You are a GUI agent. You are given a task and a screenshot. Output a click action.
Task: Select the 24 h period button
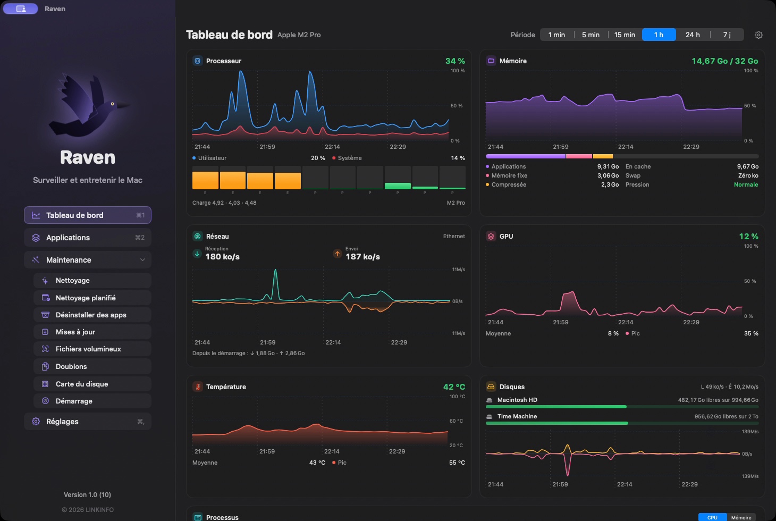693,35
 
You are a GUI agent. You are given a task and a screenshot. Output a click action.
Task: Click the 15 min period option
625,35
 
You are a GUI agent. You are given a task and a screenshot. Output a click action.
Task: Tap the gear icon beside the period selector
758,35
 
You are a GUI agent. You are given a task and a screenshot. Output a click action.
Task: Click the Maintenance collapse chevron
142,260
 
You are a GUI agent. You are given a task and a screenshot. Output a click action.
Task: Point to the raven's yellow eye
112,104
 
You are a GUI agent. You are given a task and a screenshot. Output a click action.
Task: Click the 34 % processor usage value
455,61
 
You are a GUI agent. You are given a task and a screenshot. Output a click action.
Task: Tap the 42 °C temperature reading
454,386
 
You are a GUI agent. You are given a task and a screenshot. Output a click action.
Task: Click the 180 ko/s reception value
222,257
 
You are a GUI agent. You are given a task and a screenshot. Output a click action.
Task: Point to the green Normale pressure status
746,184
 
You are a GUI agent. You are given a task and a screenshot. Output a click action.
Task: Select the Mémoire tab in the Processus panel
741,517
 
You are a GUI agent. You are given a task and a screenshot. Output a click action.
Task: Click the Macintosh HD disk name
517,400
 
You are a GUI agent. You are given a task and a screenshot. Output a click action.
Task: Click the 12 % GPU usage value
749,236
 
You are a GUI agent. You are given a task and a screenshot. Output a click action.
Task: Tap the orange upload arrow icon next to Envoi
337,254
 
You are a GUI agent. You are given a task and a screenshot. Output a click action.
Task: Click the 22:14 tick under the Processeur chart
332,147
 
